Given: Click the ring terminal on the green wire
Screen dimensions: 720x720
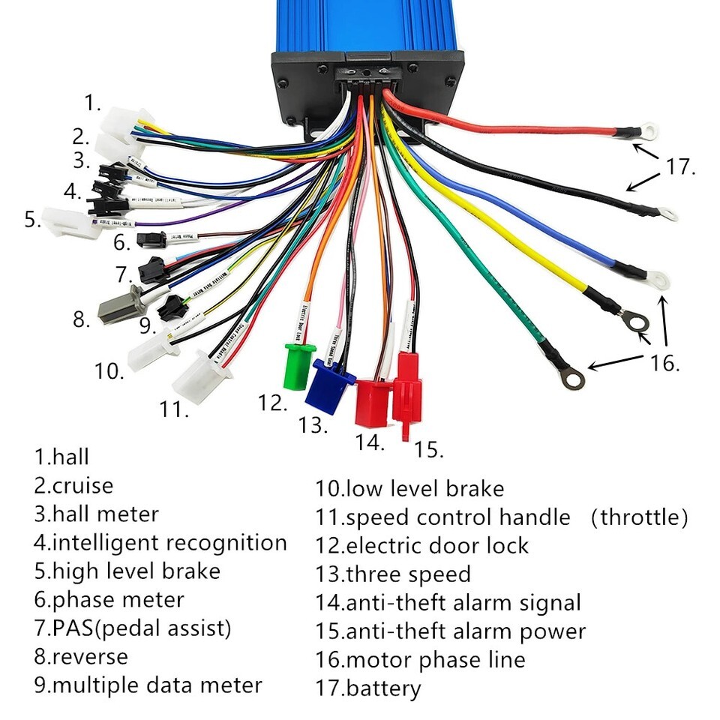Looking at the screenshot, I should tap(572, 379).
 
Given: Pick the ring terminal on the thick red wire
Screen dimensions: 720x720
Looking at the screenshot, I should tap(648, 132).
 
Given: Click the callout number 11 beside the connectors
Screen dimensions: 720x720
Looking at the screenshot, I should tap(174, 409).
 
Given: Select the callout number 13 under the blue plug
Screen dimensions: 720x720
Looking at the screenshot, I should tap(313, 426).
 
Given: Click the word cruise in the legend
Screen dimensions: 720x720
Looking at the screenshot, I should tap(82, 485).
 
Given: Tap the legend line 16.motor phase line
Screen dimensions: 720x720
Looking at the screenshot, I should tap(420, 659).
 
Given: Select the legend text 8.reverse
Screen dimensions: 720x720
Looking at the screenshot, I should tap(81, 656).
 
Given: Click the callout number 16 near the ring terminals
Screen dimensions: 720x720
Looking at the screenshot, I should tap(664, 364).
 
